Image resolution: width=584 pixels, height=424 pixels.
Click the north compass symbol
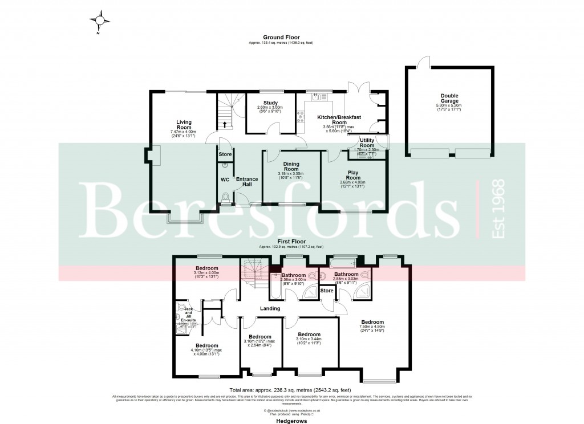click(x=101, y=21)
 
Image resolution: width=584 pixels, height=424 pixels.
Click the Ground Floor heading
click(x=281, y=37)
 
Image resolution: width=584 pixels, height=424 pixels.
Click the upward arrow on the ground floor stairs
click(x=224, y=124)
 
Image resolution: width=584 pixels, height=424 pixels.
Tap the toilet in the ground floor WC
click(x=226, y=198)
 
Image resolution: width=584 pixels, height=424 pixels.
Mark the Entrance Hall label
click(x=247, y=182)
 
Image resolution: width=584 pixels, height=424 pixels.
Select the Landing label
click(x=270, y=308)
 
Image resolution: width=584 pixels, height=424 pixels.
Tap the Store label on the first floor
click(x=327, y=291)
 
